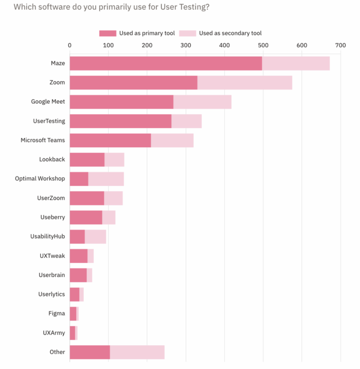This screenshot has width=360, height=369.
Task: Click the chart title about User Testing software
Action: tap(111, 7)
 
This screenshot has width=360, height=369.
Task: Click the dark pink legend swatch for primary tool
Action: tap(107, 33)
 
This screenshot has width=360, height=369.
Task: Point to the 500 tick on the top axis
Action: tap(263, 45)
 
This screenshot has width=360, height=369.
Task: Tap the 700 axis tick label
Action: tap(340, 45)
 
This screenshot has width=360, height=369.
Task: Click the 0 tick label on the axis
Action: tap(70, 45)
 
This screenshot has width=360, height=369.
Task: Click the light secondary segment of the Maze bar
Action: tap(296, 63)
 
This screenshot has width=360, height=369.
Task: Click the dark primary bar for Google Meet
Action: tap(121, 102)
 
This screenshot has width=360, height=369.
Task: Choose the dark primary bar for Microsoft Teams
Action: tap(110, 140)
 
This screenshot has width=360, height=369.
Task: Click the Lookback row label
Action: tap(52, 160)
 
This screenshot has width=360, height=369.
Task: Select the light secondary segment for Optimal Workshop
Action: tap(106, 179)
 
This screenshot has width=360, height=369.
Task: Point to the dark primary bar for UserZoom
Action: tap(87, 198)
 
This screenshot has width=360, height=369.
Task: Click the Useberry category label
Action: tap(52, 217)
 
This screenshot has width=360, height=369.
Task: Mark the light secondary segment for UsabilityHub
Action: tap(95, 237)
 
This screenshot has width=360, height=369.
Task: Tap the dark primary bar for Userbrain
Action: tap(78, 275)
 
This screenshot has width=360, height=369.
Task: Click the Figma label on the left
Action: tap(57, 313)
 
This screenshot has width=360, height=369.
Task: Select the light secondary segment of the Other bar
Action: tap(137, 352)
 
